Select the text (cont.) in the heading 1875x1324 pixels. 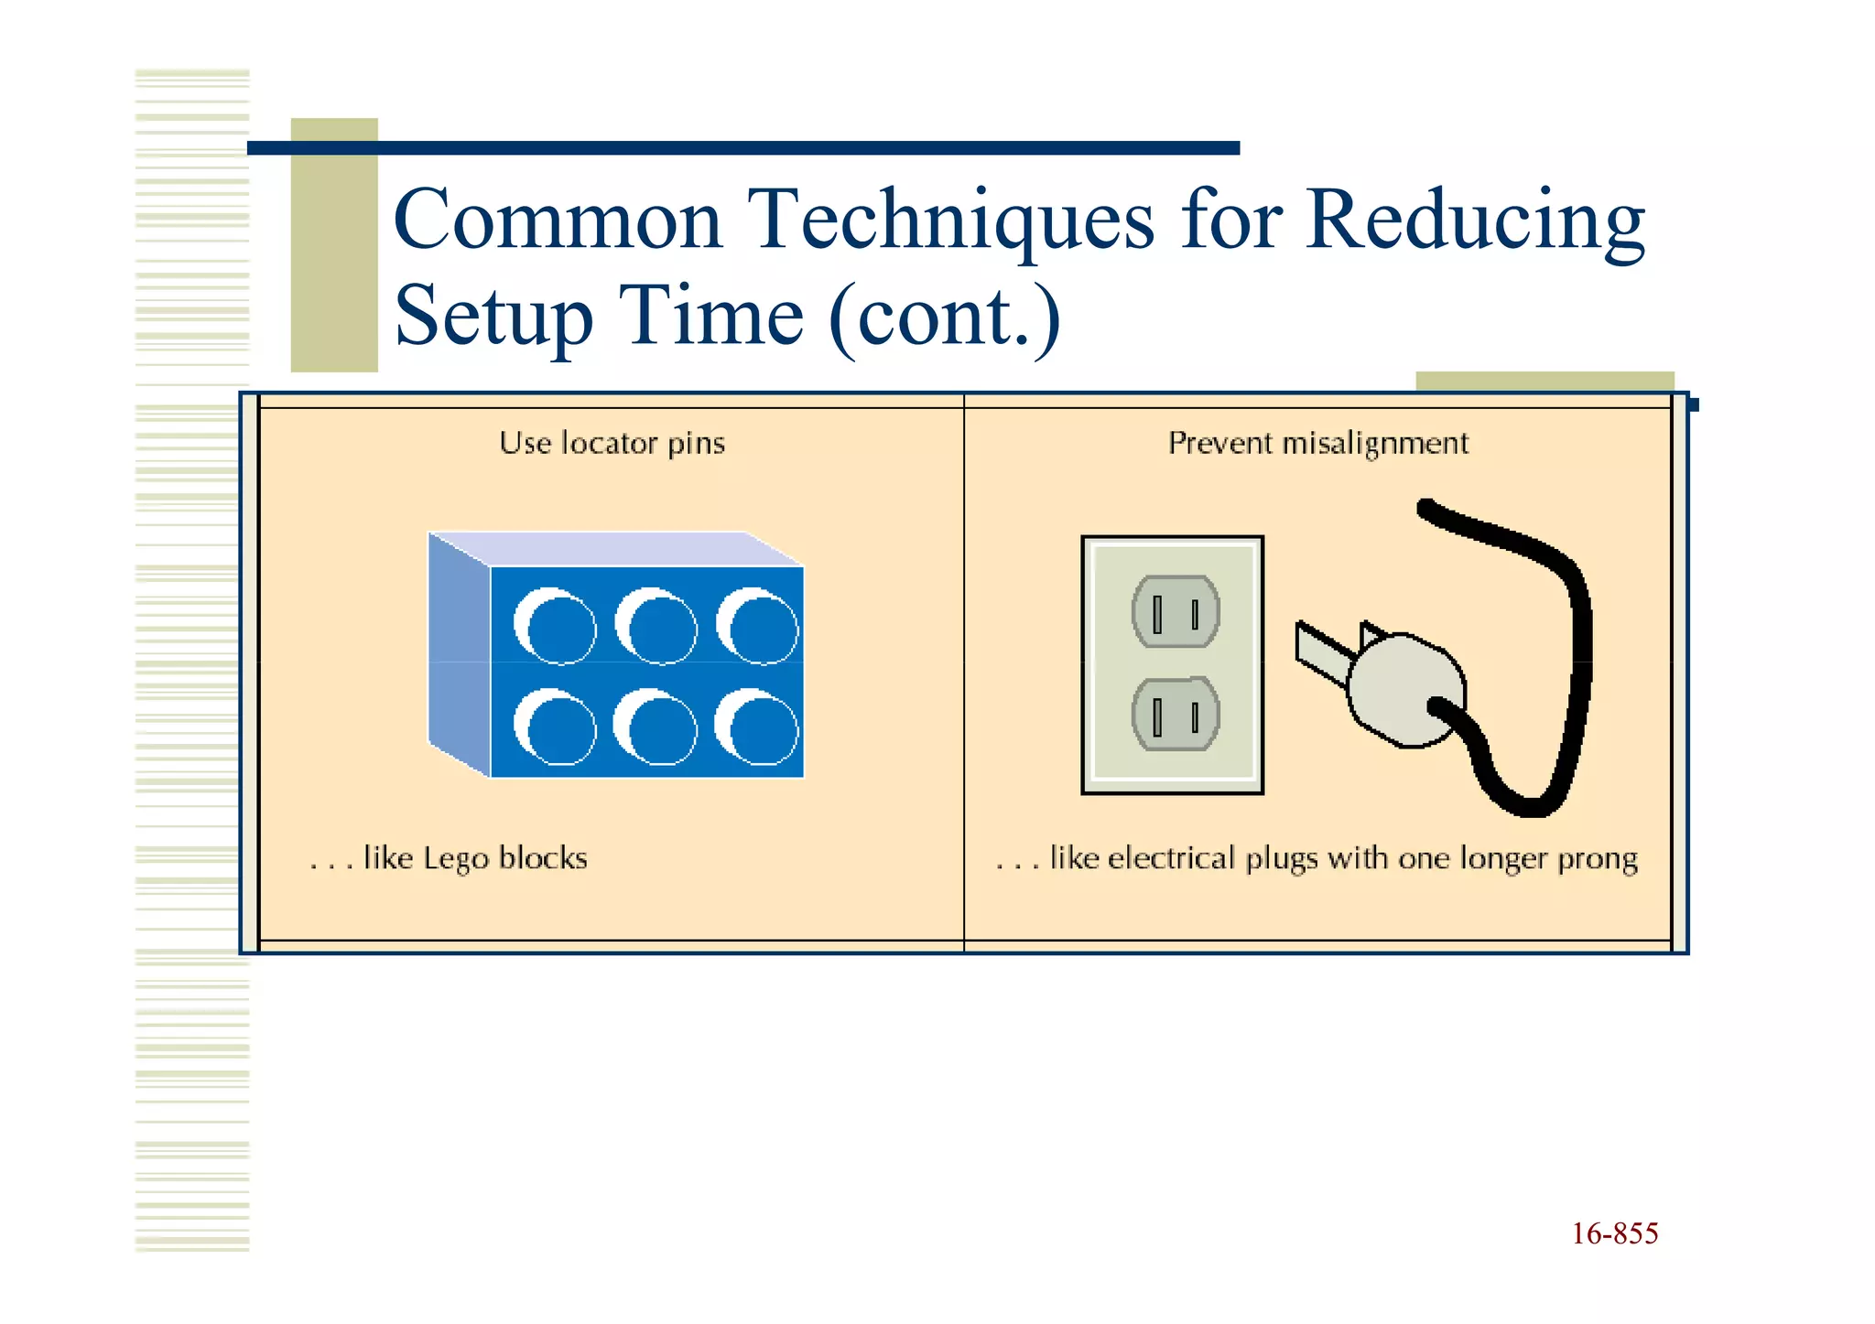coord(945,316)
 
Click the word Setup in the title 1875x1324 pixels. coord(493,316)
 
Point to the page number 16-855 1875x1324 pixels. coord(1614,1233)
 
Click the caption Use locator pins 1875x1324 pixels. coord(612,443)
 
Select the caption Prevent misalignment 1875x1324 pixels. coord(1317,443)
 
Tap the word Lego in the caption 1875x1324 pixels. coord(456,858)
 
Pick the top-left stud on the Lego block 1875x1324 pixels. coord(555,626)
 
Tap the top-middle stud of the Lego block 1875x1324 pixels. coord(656,626)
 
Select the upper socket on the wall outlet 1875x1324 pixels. coord(1175,611)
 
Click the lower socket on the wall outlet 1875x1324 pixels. coord(1175,714)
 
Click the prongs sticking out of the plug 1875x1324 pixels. coord(1323,651)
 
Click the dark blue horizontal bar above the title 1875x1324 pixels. coord(742,148)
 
